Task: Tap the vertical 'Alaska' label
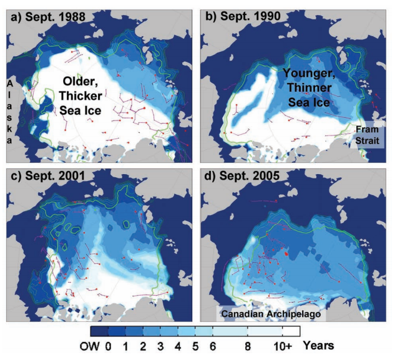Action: tap(11, 112)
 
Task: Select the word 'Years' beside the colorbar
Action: tap(323, 344)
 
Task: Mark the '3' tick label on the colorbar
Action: tap(160, 345)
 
